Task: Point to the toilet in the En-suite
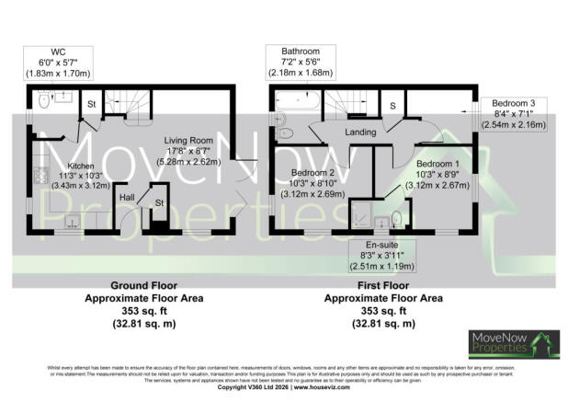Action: (x=395, y=217)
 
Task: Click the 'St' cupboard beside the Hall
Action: (x=158, y=203)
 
